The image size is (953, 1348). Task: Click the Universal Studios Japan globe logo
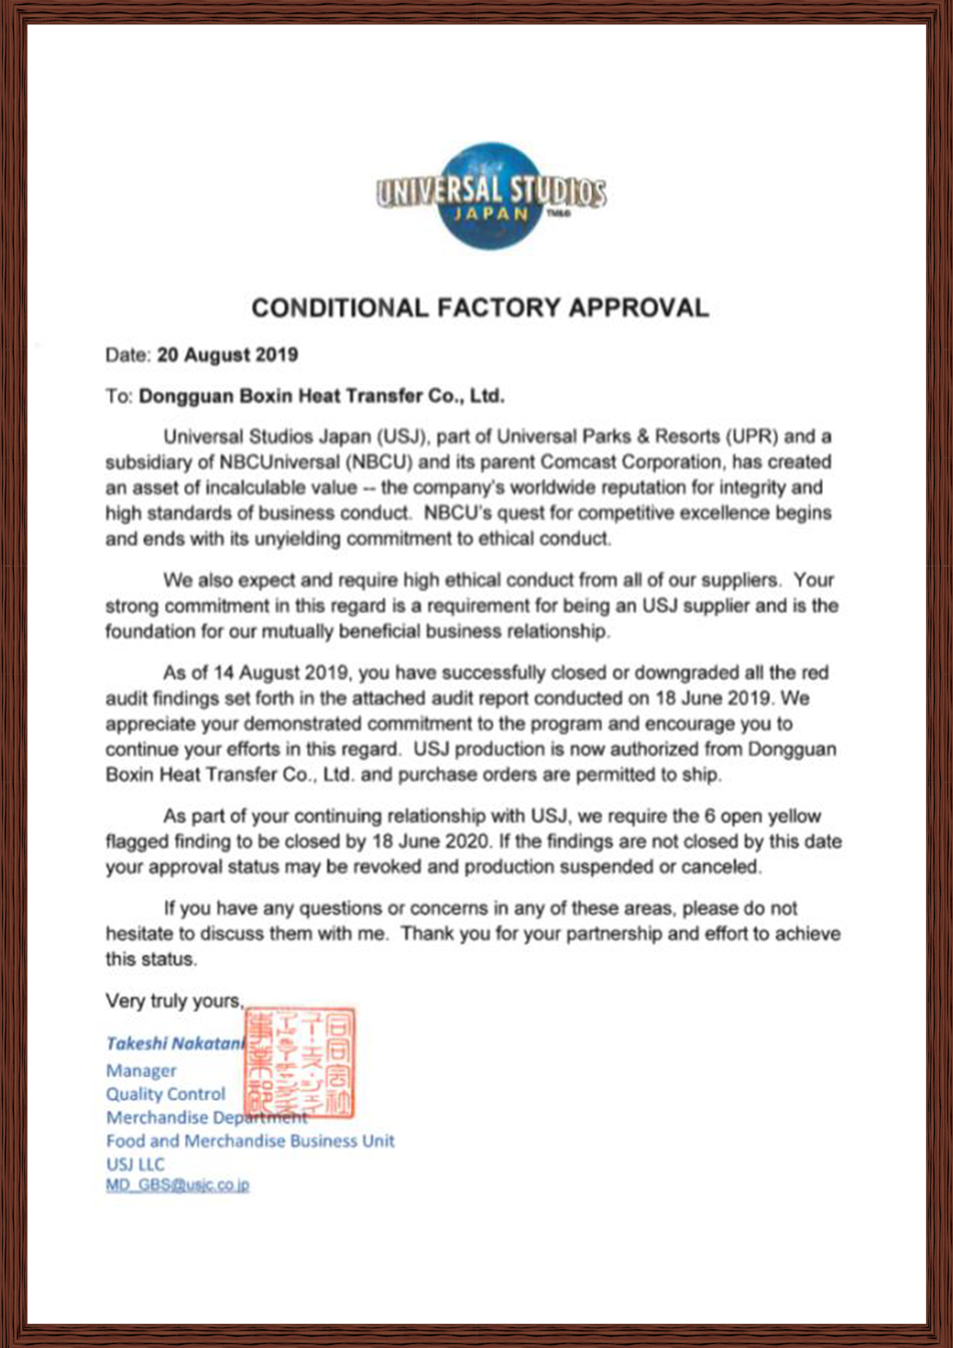(491, 196)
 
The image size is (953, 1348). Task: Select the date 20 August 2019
(227, 355)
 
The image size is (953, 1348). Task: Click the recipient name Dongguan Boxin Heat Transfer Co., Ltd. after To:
(321, 396)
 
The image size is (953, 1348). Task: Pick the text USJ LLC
(135, 1164)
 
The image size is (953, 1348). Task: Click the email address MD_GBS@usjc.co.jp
(177, 1186)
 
